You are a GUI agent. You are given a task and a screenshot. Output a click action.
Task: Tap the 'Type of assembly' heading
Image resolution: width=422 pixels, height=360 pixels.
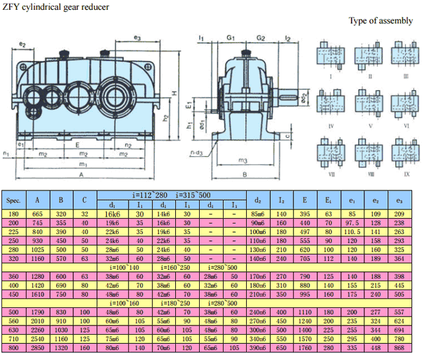381,20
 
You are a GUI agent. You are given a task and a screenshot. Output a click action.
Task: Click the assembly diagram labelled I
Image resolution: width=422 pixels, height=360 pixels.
329,56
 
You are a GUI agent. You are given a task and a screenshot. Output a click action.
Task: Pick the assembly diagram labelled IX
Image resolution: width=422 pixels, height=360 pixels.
401,150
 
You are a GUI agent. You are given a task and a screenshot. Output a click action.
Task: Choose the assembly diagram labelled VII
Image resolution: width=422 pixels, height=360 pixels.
329,150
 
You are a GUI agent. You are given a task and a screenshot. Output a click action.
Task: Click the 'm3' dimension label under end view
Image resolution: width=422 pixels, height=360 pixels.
241,160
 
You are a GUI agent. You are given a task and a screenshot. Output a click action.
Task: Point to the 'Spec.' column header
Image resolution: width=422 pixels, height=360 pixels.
13,200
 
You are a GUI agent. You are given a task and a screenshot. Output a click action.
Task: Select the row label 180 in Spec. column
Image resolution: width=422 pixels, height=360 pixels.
13,213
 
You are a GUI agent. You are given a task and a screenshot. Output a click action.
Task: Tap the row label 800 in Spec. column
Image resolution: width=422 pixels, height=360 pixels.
13,347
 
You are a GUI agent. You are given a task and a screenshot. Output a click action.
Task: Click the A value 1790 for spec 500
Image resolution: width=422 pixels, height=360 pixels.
38,311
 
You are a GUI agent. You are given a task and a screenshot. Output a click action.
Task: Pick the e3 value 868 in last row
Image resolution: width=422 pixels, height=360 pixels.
399,347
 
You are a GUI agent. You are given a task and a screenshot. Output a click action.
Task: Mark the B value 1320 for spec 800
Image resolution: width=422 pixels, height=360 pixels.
62,347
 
